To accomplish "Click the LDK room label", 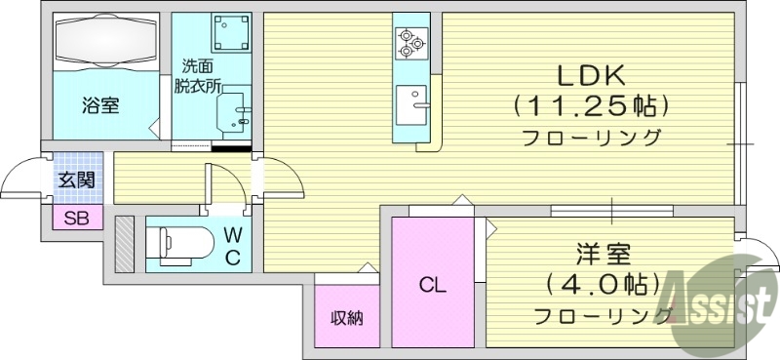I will point(590,75).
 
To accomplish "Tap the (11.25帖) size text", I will point(590,104).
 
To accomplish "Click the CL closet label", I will point(433,286).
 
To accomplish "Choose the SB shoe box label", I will point(76,219).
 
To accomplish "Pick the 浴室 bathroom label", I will point(100,105).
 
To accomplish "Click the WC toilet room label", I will point(234,245).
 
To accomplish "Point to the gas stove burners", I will point(409,40).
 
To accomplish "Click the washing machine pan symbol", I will point(232,35).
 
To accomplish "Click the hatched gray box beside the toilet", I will point(124,245).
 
